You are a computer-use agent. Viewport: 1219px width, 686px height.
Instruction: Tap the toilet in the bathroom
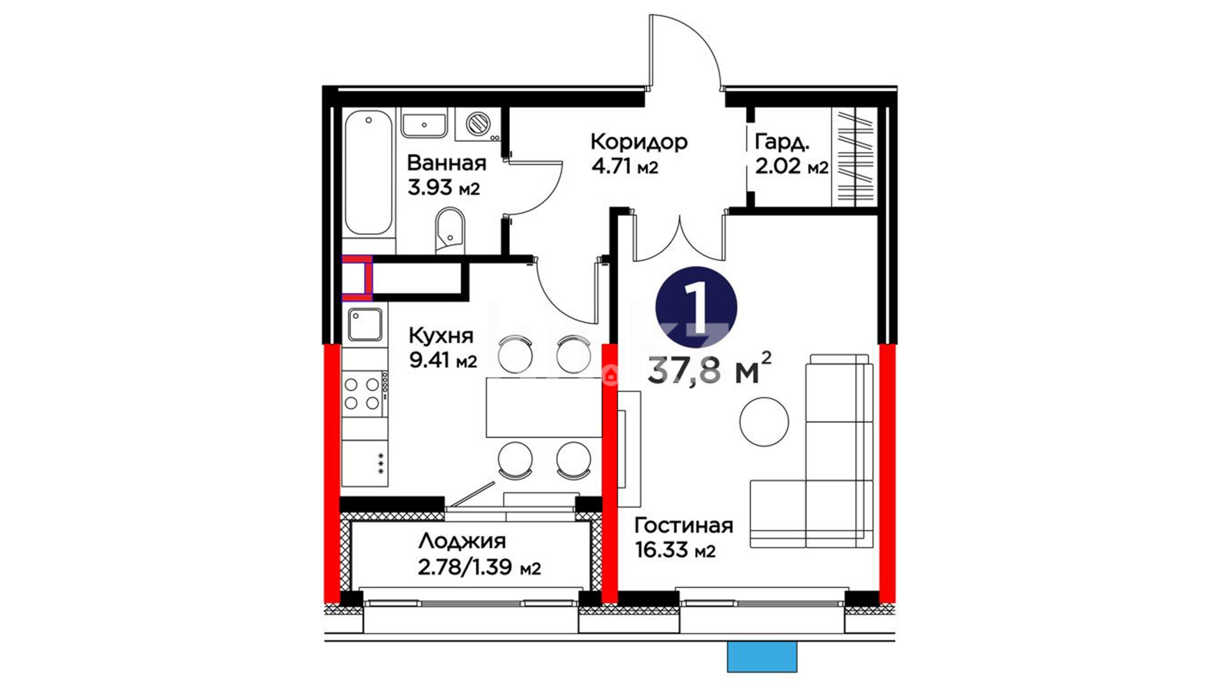click(x=450, y=232)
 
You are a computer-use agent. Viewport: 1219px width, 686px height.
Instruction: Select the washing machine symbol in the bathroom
click(x=478, y=123)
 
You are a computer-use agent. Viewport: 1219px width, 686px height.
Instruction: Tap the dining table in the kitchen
click(x=543, y=407)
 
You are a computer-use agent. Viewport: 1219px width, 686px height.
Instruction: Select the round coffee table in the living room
click(x=764, y=422)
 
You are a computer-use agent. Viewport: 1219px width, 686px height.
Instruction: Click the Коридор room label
click(x=639, y=141)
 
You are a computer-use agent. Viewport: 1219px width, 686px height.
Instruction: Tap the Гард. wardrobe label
click(x=782, y=142)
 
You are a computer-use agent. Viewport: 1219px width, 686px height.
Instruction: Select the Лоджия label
click(x=462, y=541)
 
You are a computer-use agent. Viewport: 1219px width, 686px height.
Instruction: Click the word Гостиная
click(x=684, y=525)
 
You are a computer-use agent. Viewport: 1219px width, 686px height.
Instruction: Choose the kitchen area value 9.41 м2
click(x=443, y=360)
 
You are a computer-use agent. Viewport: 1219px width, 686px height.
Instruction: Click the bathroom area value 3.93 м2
click(x=443, y=187)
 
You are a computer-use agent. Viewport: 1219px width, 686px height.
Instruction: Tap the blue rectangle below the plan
click(x=762, y=656)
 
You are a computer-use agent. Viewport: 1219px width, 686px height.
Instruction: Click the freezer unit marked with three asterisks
click(x=365, y=463)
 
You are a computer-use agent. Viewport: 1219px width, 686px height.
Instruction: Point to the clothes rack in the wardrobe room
click(x=854, y=158)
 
